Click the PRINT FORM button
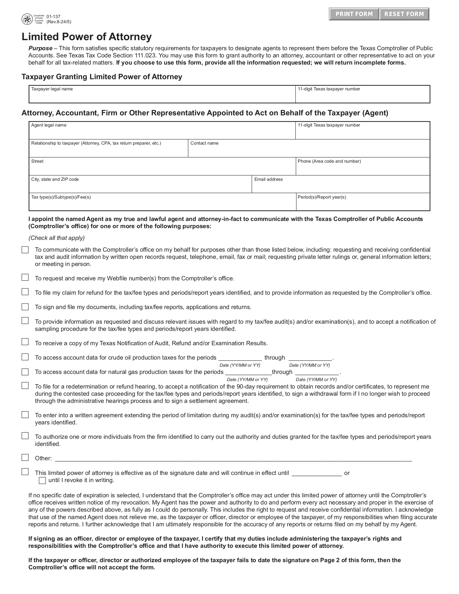click(354, 14)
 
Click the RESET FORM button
click(404, 14)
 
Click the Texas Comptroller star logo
click(27, 20)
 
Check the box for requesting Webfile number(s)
click(25, 277)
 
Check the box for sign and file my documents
click(25, 307)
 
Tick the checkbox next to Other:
click(25, 457)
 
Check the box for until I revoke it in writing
click(42, 481)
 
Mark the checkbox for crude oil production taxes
click(25, 357)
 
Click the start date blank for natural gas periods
click(248, 372)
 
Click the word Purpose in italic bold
click(40, 48)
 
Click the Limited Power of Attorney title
click(87, 37)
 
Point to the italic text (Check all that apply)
click(57, 238)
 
